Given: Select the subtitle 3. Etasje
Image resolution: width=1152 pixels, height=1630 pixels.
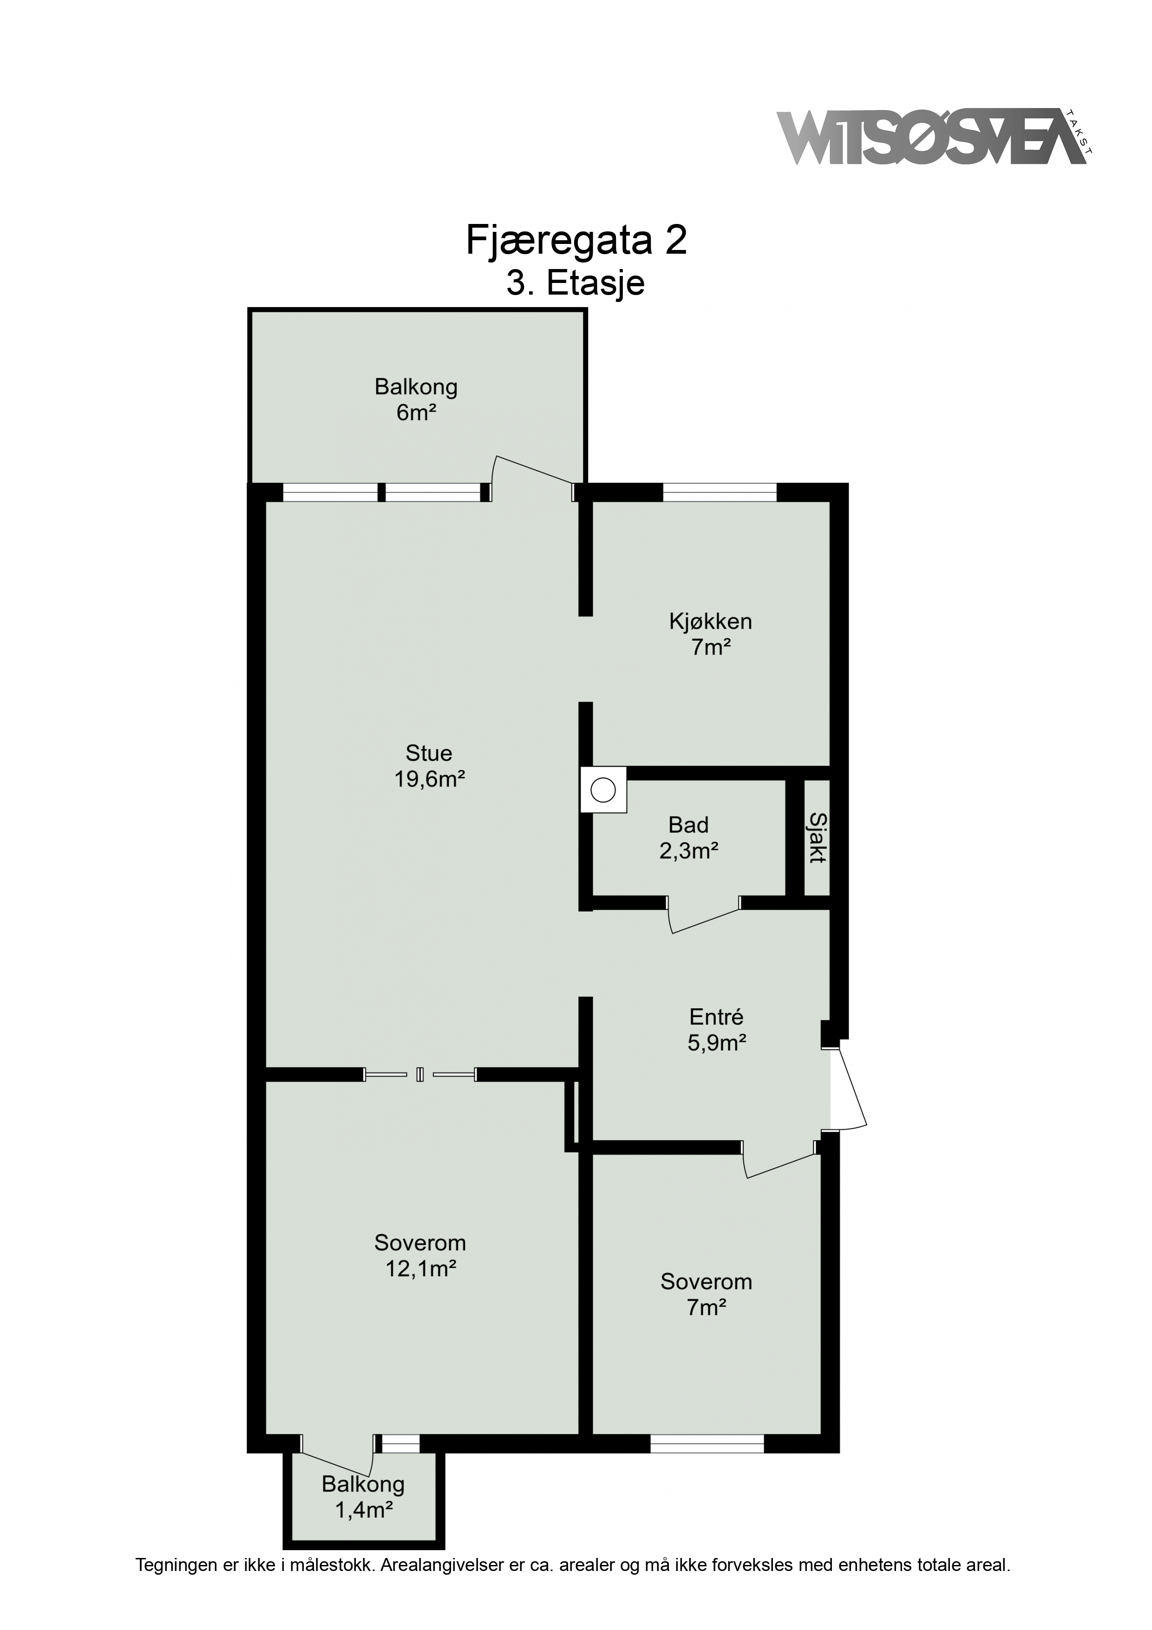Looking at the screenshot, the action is click(575, 283).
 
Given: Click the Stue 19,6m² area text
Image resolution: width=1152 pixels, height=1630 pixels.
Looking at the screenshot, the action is click(429, 766).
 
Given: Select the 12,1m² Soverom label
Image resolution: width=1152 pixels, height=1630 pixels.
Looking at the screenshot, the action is click(420, 1256).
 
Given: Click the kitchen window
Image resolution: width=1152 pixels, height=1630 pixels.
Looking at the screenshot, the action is click(720, 492).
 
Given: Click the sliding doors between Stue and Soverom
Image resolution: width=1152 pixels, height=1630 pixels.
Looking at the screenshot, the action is click(420, 1074).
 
